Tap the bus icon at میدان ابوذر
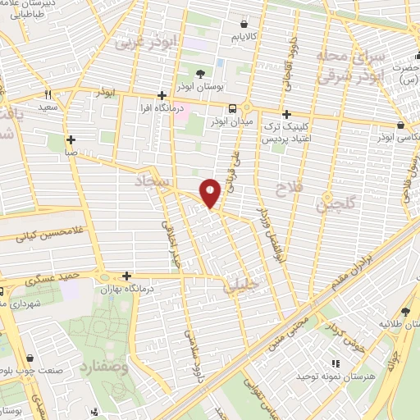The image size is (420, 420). coord(234,108)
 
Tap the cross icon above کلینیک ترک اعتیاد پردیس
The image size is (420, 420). coord(285,114)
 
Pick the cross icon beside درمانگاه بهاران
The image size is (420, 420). coord(126,276)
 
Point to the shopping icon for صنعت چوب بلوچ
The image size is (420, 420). coord(30,358)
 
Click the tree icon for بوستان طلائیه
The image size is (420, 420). coord(405,312)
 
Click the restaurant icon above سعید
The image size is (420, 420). coord(48,94)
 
